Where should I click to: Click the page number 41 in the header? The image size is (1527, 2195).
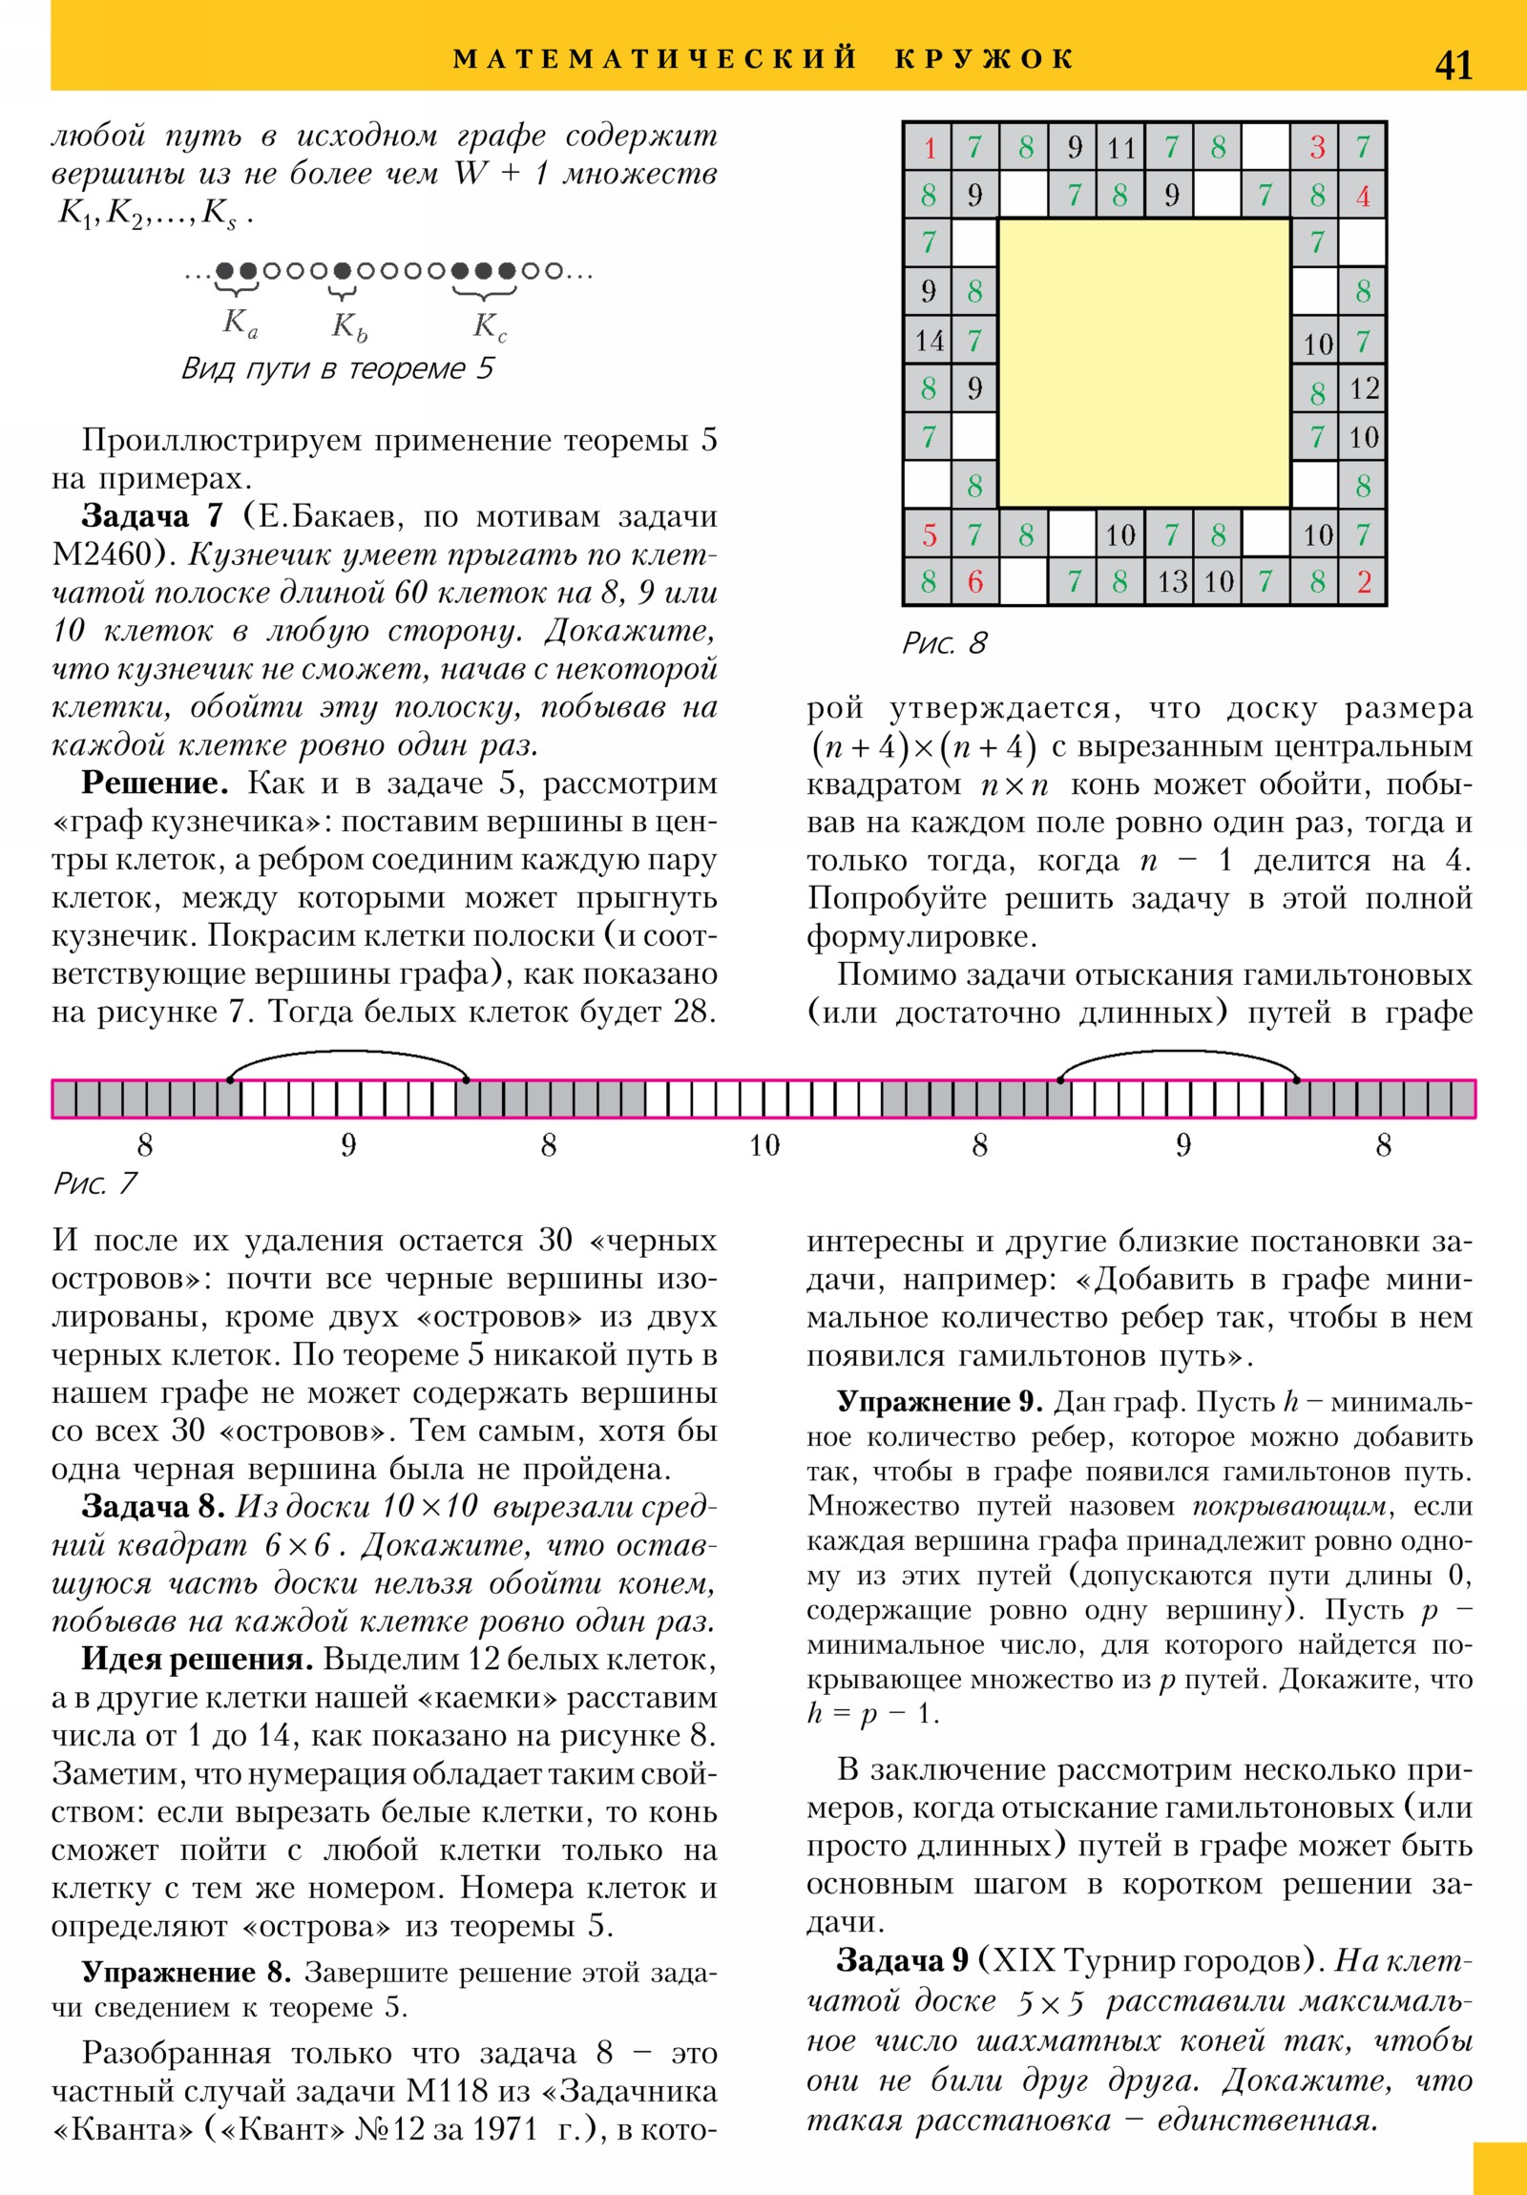point(1453,66)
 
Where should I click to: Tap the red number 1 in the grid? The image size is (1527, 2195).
point(929,148)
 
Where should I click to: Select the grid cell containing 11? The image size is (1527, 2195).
point(1120,148)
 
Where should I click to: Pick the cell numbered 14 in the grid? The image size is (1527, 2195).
point(929,341)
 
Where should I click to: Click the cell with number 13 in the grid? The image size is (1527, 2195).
point(1171,582)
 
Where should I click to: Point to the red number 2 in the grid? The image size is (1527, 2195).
point(1364,582)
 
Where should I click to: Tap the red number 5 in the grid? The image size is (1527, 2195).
point(929,534)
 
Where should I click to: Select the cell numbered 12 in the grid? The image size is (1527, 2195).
point(1364,388)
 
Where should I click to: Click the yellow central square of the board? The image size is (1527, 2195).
point(1144,364)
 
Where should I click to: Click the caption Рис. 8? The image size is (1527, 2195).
point(944,643)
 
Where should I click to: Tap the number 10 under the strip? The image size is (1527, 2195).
point(764,1145)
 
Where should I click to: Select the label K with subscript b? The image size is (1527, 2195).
point(349,327)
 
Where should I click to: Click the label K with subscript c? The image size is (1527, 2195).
point(490,327)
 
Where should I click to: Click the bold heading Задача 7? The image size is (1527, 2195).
point(152,516)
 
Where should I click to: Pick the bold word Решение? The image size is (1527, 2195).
point(155,783)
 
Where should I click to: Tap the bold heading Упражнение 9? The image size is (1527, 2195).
point(939,1403)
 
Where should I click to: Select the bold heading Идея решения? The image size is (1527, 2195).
point(197,1659)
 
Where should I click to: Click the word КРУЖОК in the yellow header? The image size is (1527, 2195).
point(985,59)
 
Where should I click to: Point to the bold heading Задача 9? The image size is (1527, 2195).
point(903,1960)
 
